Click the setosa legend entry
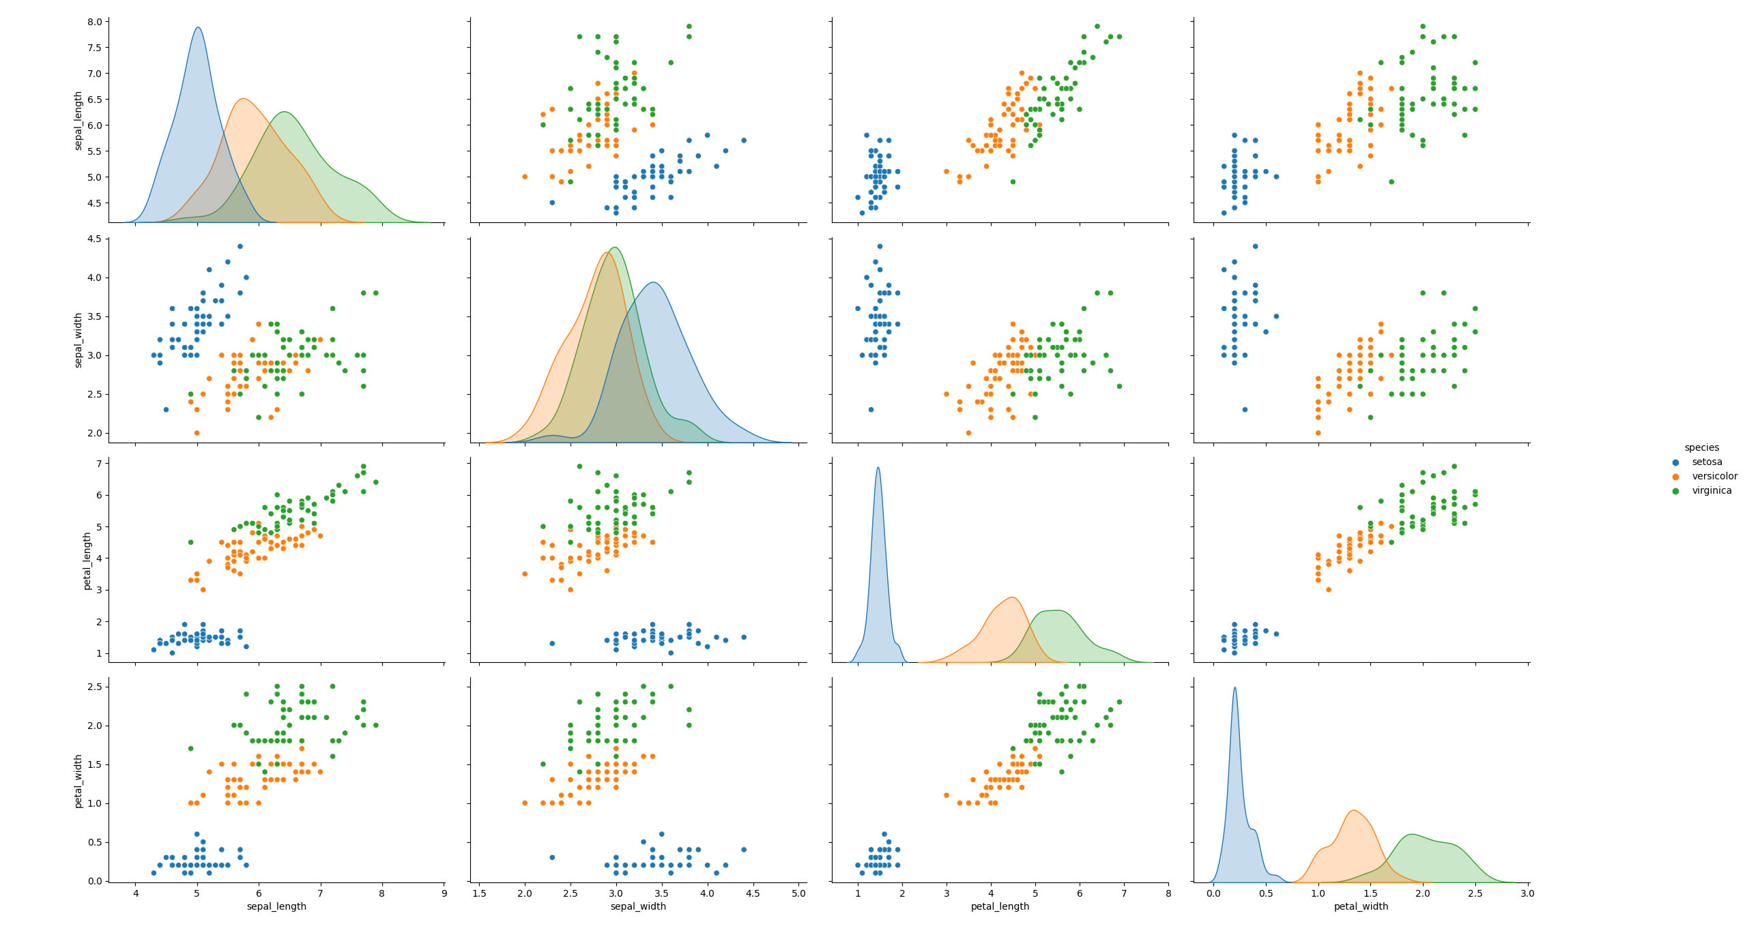point(1707,462)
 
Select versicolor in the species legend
point(1714,477)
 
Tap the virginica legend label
point(1712,491)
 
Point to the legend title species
point(1701,448)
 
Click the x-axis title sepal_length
point(276,907)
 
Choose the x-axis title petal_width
point(1361,907)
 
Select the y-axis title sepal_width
point(78,340)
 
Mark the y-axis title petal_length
point(87,561)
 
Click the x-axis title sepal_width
point(638,907)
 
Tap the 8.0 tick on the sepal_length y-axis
point(95,22)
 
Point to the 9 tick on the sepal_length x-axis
point(444,893)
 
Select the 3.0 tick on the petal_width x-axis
point(1527,893)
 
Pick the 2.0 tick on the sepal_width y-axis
point(95,433)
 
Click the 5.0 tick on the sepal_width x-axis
point(798,893)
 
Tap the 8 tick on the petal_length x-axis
point(1168,893)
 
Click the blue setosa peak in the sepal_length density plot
point(198,28)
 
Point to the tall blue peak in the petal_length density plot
point(878,468)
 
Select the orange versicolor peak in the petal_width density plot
point(1353,811)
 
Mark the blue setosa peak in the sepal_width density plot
point(653,282)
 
